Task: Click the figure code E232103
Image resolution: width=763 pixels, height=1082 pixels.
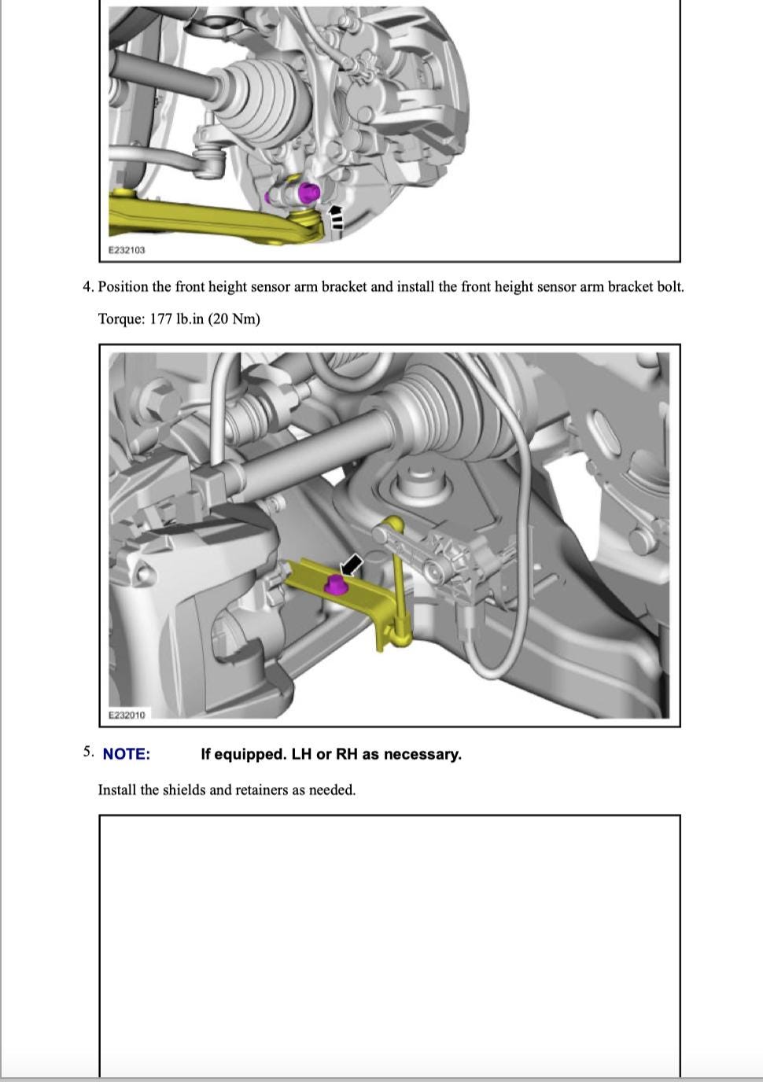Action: pyautogui.click(x=127, y=250)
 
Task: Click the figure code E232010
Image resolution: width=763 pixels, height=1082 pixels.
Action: pyautogui.click(x=127, y=715)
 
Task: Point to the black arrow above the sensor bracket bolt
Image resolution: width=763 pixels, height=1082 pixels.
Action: pyautogui.click(x=351, y=564)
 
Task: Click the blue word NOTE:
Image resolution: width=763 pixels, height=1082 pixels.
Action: pyautogui.click(x=126, y=754)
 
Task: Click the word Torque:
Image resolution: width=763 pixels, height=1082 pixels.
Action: pyautogui.click(x=121, y=318)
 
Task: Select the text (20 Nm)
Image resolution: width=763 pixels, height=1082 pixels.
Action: pyautogui.click(x=234, y=318)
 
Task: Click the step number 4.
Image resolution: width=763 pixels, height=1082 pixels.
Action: pyautogui.click(x=87, y=286)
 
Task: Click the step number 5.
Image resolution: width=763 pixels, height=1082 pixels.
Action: pyautogui.click(x=87, y=752)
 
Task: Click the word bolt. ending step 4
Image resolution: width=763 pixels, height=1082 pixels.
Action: pyautogui.click(x=670, y=286)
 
